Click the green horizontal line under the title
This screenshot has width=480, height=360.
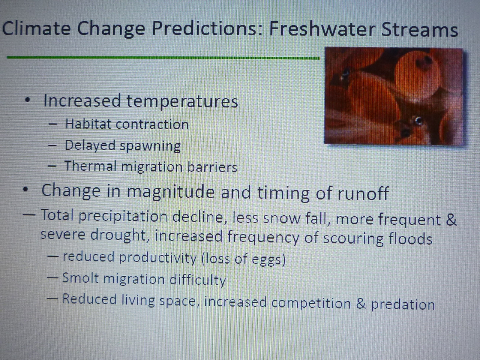[163, 58]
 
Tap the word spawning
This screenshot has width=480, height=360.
[151, 146]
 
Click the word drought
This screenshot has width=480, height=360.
[118, 236]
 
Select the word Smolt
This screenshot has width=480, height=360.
[80, 278]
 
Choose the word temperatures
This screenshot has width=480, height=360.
[182, 102]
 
